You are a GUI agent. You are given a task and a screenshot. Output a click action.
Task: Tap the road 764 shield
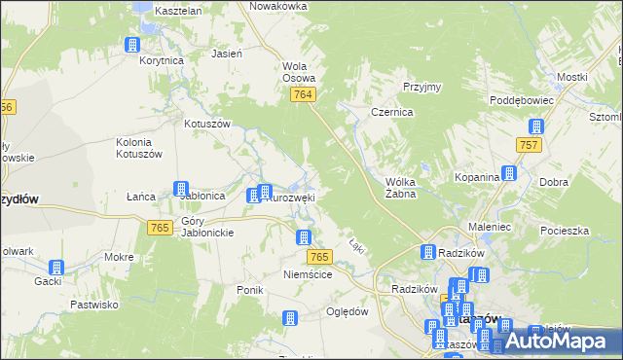pyautogui.click(x=302, y=93)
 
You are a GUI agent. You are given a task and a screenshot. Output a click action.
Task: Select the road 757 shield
pyautogui.click(x=530, y=145)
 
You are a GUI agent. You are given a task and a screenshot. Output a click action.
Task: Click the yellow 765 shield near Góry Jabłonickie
pyautogui.click(x=161, y=227)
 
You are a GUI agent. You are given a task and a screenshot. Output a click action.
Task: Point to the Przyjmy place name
pyautogui.click(x=420, y=87)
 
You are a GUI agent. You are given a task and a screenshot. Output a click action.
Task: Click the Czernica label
pyautogui.click(x=392, y=113)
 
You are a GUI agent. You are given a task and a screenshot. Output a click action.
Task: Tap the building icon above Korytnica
pyautogui.click(x=132, y=45)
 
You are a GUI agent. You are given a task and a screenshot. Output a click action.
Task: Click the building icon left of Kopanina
pyautogui.click(x=508, y=175)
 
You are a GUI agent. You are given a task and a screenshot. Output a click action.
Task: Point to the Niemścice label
pyautogui.click(x=308, y=275)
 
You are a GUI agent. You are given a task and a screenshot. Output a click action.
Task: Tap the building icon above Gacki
pyautogui.click(x=56, y=267)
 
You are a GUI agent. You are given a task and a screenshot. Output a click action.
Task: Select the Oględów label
pyautogui.click(x=348, y=311)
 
